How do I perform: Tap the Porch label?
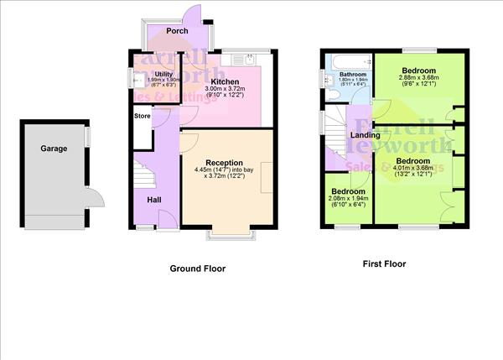coord(177,31)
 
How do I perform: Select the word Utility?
coord(163,75)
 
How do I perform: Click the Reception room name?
coord(225,163)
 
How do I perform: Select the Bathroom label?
coord(353,75)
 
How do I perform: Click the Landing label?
coord(365,135)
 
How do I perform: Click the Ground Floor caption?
coord(198,269)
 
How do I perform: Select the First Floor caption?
coord(384,263)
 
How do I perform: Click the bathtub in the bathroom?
coord(348,61)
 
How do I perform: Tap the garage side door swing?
coord(96,199)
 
